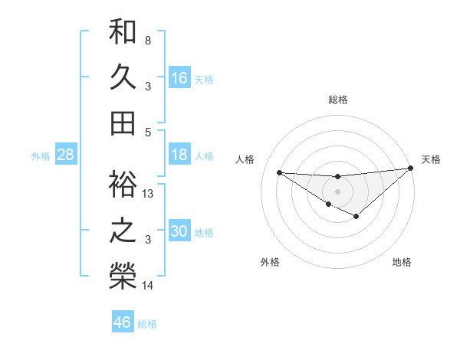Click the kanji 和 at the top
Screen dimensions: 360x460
pyautogui.click(x=123, y=33)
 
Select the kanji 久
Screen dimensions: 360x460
pyautogui.click(x=123, y=77)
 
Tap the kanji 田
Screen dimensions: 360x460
pyautogui.click(x=123, y=123)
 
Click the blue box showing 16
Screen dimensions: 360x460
pyautogui.click(x=179, y=78)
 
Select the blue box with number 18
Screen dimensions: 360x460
pyautogui.click(x=179, y=155)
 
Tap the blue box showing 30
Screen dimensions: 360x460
pyautogui.click(x=179, y=232)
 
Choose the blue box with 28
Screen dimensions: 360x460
pyautogui.click(x=66, y=155)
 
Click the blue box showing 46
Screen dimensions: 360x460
pyautogui.click(x=123, y=322)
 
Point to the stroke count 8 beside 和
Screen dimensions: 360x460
pyautogui.click(x=148, y=40)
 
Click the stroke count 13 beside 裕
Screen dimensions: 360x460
pyautogui.click(x=149, y=194)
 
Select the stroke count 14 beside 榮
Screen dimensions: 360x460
pyautogui.click(x=149, y=286)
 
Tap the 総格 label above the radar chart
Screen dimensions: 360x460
pyautogui.click(x=338, y=100)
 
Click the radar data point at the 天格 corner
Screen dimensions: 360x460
pyautogui.click(x=411, y=168)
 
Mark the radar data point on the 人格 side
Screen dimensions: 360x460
pyautogui.click(x=279, y=172)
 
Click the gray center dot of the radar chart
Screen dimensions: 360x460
pyautogui.click(x=338, y=190)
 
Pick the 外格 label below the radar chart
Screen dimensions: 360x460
pyautogui.click(x=270, y=262)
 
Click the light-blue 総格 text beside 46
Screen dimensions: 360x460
pyautogui.click(x=147, y=323)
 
